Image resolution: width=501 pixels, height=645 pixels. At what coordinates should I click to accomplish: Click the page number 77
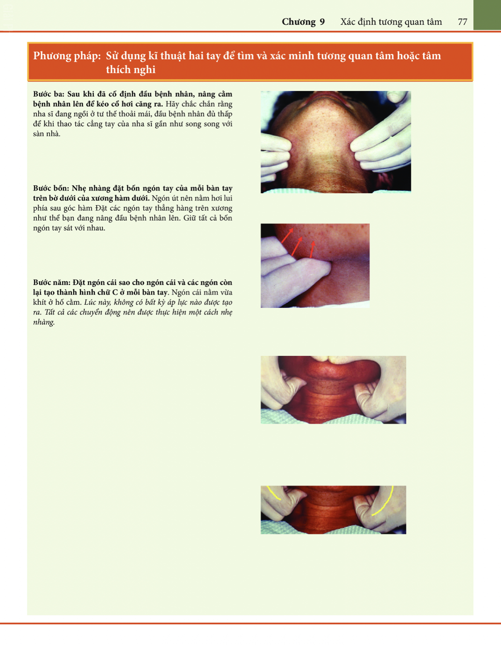[x=462, y=22]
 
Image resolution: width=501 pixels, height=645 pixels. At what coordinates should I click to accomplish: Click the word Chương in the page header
[x=298, y=22]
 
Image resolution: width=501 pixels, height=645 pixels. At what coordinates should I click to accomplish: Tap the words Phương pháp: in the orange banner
[x=67, y=56]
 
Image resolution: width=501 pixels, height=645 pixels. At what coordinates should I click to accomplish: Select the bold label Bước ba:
[x=49, y=94]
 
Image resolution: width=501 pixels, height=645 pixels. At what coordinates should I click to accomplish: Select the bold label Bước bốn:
[x=51, y=188]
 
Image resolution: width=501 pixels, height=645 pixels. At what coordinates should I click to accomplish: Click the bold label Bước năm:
[x=51, y=282]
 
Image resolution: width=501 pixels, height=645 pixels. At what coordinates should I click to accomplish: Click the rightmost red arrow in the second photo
[x=312, y=249]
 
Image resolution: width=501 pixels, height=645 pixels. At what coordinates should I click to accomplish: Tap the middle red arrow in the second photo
[x=297, y=246]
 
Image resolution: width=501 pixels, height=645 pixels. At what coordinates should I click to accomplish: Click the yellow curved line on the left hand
[x=274, y=494]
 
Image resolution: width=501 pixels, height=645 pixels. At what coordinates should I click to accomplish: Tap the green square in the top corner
[x=487, y=15]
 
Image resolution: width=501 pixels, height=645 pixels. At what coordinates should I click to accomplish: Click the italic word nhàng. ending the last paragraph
[x=44, y=322]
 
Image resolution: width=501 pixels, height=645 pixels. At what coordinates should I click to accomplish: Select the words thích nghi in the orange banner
[x=131, y=69]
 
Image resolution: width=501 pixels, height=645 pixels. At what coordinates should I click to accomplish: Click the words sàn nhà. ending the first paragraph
[x=47, y=134]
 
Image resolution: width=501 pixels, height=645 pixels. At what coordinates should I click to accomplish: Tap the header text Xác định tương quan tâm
[x=391, y=22]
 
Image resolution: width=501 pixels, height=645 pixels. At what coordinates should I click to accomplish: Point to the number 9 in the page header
[x=322, y=22]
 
